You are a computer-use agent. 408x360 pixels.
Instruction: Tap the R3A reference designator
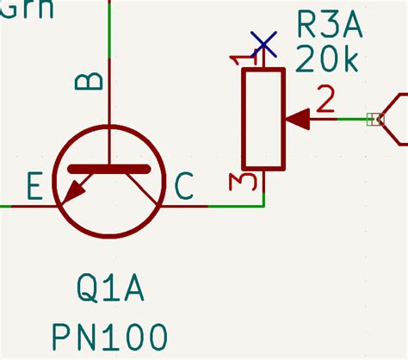click(329, 23)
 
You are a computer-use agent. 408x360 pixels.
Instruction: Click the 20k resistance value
click(329, 60)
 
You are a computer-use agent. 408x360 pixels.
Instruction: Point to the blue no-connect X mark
click(263, 44)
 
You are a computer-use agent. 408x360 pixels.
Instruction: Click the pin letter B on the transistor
click(89, 81)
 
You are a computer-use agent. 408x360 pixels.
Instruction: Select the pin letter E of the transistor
click(35, 186)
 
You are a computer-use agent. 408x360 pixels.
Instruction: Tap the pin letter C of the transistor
click(184, 186)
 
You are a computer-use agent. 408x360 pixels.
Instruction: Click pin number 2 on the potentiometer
click(325, 101)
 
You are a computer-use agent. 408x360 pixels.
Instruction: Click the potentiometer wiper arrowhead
click(295, 119)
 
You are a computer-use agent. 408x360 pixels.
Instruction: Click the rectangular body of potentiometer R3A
click(263, 119)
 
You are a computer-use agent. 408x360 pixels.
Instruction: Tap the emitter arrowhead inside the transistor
click(74, 191)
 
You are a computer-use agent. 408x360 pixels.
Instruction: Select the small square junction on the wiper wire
click(373, 119)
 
